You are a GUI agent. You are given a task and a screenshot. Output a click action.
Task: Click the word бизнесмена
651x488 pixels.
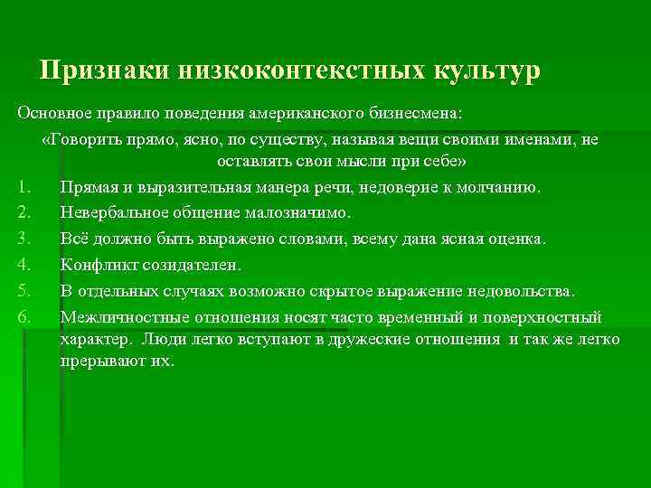pyautogui.click(x=417, y=116)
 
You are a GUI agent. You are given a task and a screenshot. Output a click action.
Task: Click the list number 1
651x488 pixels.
pyautogui.click(x=24, y=188)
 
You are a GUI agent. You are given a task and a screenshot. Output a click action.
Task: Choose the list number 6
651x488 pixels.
pyautogui.click(x=24, y=316)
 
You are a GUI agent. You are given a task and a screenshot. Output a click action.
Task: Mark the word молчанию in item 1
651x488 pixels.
pyautogui.click(x=502, y=188)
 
